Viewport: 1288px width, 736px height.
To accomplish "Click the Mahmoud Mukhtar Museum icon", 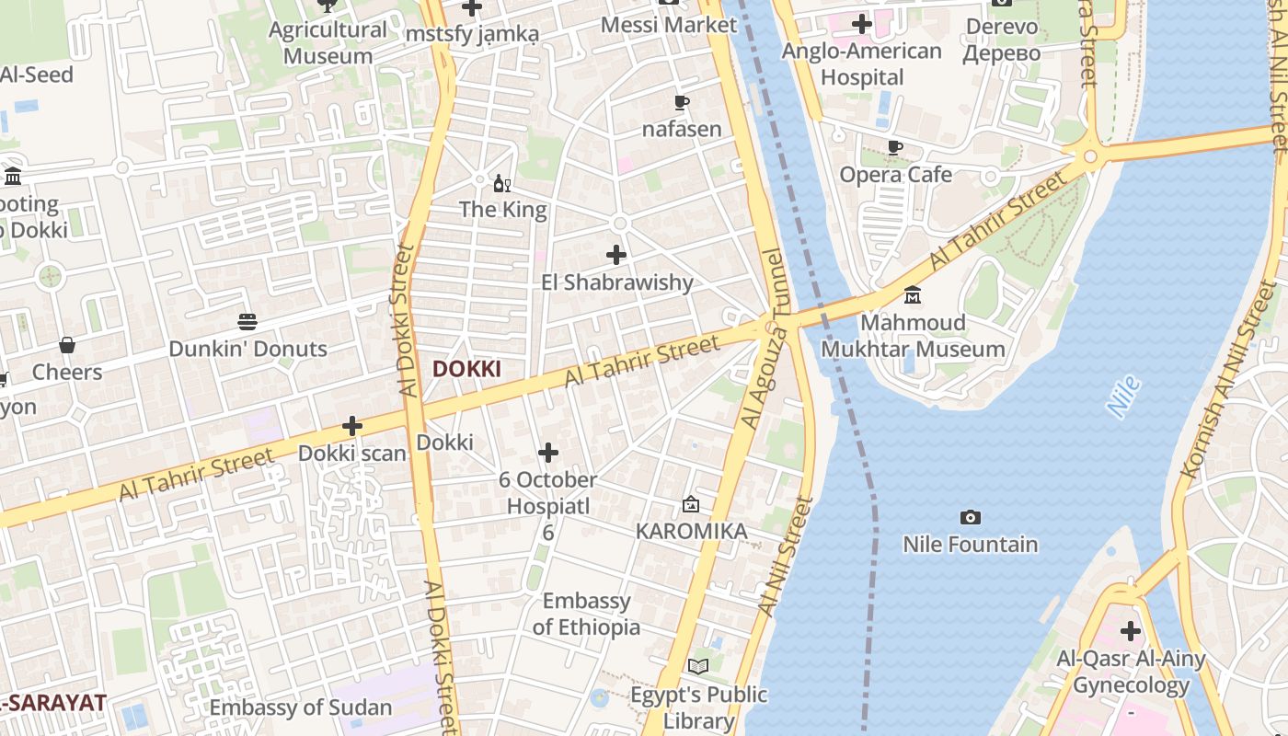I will click(x=913, y=295).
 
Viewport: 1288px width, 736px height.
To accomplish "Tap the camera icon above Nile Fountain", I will click(x=970, y=518).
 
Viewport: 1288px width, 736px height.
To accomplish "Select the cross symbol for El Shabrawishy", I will click(x=616, y=255).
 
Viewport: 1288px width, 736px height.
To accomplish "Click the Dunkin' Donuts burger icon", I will click(x=247, y=322).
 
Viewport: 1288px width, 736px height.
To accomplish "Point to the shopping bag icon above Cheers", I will click(x=67, y=345).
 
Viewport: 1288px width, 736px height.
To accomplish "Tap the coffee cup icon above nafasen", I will click(x=681, y=102).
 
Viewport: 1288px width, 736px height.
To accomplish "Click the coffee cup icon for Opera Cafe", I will click(x=894, y=147).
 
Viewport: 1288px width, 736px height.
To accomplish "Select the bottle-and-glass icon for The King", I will click(x=502, y=183).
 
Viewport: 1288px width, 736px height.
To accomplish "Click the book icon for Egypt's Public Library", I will click(x=698, y=666).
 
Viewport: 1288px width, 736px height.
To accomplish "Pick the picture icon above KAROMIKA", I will click(x=691, y=504).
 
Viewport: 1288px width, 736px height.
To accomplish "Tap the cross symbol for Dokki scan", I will click(x=351, y=426).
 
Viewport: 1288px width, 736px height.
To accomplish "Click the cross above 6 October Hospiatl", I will click(x=548, y=453).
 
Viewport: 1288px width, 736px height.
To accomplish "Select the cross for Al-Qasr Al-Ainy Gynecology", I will click(x=1131, y=631).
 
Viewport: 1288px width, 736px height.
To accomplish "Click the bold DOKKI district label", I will click(x=466, y=369).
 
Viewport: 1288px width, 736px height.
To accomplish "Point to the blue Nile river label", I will click(x=1123, y=397).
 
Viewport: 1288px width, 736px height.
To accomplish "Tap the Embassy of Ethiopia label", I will click(x=586, y=614).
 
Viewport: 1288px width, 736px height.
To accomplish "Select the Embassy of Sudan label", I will click(x=301, y=707).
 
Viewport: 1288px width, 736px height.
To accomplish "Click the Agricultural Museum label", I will click(x=328, y=42).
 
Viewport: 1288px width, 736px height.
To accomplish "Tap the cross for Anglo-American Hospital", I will click(x=862, y=24).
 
